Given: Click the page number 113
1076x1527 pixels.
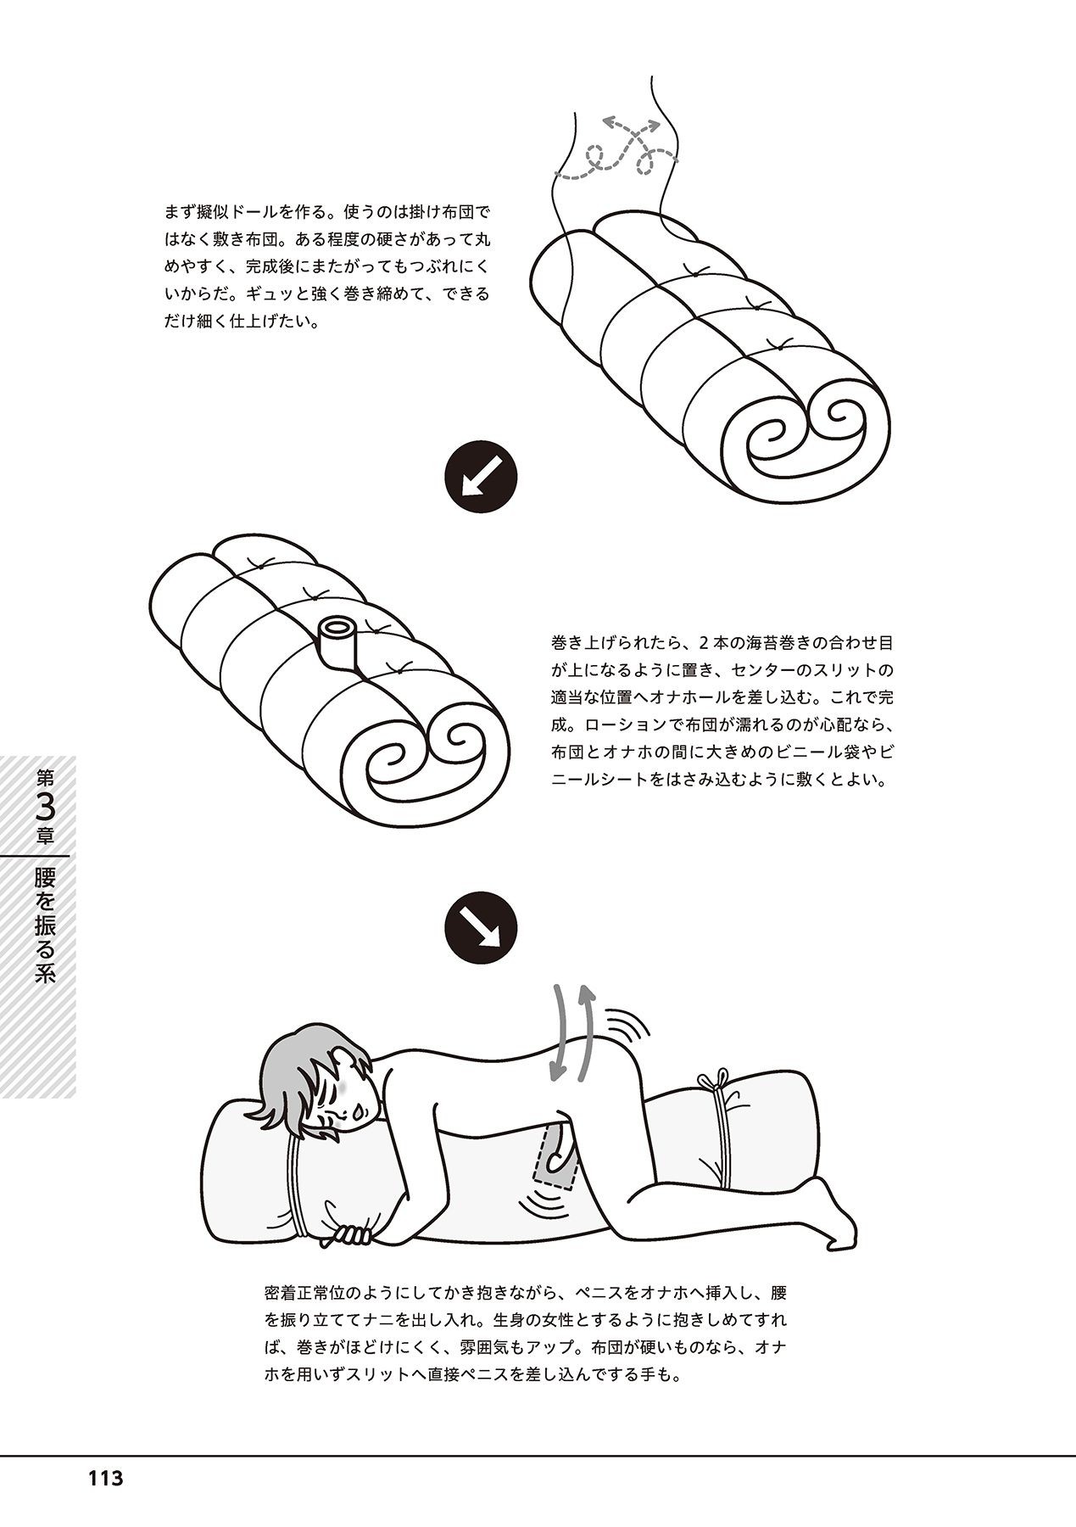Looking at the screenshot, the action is coord(105,1479).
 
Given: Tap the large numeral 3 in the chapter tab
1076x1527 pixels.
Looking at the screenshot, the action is coord(46,804).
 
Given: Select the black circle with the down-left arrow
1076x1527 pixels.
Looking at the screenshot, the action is coord(481,481).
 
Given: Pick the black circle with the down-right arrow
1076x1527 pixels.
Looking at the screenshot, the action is coord(481,929).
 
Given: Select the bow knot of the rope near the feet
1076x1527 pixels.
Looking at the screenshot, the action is coord(714,1082).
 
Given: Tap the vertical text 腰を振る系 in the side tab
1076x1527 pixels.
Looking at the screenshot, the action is coord(46,925).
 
